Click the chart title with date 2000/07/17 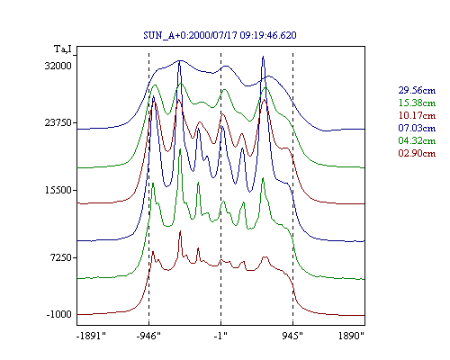tap(220, 35)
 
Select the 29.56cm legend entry tap(417, 90)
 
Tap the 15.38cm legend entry tap(417, 103)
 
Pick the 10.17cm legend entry tap(417, 115)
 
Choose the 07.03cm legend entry tap(417, 128)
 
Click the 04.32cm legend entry tap(417, 140)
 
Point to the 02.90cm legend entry tap(417, 153)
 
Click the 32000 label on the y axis tap(58, 66)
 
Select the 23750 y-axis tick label tap(58, 122)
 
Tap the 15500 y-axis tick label tap(58, 190)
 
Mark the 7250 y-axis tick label tap(61, 257)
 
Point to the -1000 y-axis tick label tap(58, 314)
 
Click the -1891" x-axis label tap(92, 336)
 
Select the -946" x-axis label tap(148, 336)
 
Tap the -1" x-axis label tap(220, 336)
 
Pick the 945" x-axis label tap(292, 336)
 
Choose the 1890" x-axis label tap(351, 336)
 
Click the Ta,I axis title tap(63, 49)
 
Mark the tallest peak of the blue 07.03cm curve tap(263, 57)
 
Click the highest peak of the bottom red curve tap(180, 231)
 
